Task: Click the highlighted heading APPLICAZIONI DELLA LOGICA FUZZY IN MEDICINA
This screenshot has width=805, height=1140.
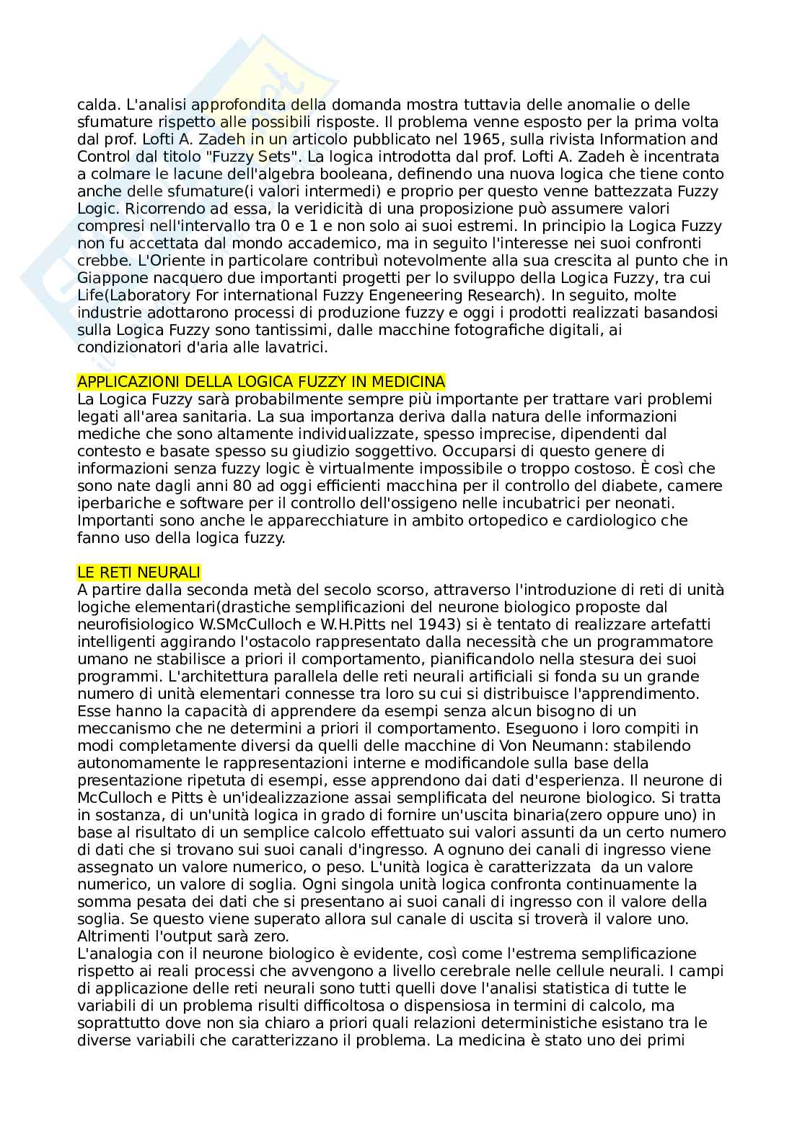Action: point(261,381)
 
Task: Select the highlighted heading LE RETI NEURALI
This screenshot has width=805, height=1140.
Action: point(138,573)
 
